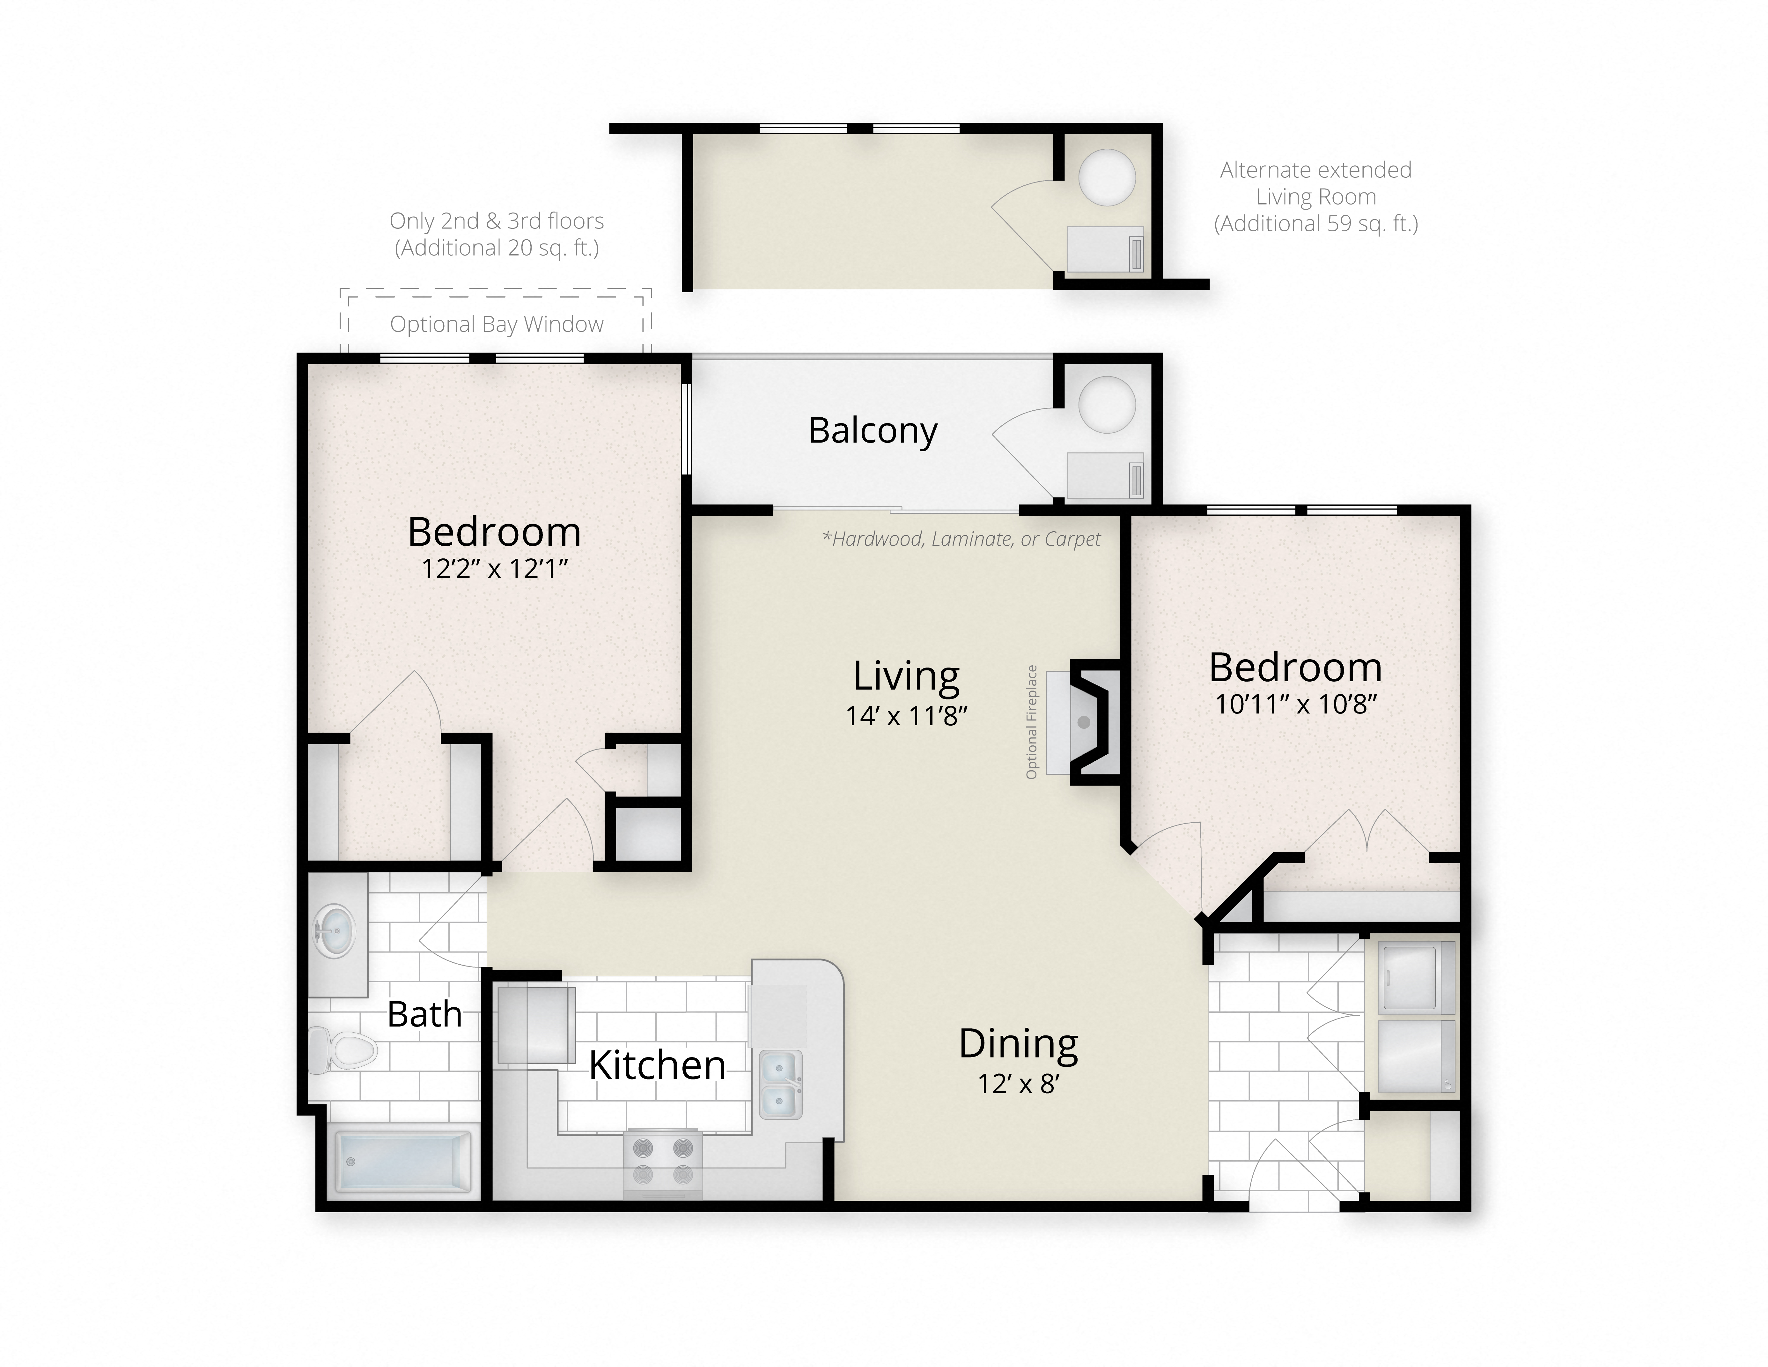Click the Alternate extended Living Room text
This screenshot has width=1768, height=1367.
tap(1315, 197)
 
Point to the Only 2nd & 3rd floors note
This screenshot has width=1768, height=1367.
tap(496, 234)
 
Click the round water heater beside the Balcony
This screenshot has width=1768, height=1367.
tap(1107, 405)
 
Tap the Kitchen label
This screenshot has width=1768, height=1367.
tap(657, 1065)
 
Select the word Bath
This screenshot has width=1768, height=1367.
tap(424, 1014)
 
